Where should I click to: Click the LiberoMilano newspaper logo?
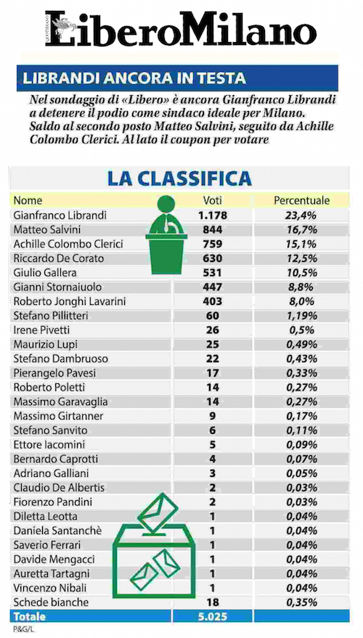[x=181, y=29]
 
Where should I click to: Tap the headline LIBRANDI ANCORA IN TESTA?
[x=134, y=78]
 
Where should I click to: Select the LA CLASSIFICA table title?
[x=179, y=179]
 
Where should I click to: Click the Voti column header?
[x=213, y=200]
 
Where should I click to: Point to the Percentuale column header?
[x=301, y=200]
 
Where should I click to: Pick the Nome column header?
[x=28, y=200]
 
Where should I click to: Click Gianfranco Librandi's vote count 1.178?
[x=213, y=216]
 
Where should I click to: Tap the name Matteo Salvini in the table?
[x=47, y=230]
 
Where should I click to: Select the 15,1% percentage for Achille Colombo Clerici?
[x=301, y=244]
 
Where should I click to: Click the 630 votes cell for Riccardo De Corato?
[x=213, y=258]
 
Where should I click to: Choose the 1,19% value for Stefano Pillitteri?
[x=301, y=316]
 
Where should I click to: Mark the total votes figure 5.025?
[x=213, y=616]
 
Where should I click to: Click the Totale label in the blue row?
[x=30, y=616]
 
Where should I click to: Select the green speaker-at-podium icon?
[x=166, y=234]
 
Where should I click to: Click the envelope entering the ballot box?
[x=158, y=512]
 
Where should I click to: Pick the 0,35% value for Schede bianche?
[x=301, y=602]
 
